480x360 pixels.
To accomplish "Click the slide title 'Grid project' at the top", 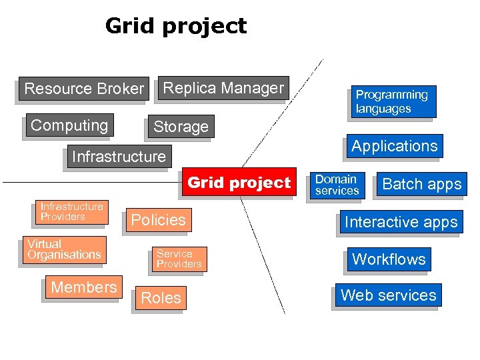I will pyautogui.click(x=176, y=26).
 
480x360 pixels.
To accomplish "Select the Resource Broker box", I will pyautogui.click(x=84, y=89).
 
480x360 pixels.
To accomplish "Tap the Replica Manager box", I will pyautogui.click(x=223, y=88).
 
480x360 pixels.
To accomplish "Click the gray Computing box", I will pyautogui.click(x=69, y=125).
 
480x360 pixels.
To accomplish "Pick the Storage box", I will pyautogui.click(x=181, y=127).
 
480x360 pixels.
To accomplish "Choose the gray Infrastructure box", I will pyautogui.click(x=119, y=157).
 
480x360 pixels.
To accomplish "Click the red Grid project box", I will pyautogui.click(x=239, y=183).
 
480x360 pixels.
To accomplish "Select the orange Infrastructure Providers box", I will pyautogui.click(x=72, y=212).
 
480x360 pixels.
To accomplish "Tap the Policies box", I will pyautogui.click(x=159, y=220).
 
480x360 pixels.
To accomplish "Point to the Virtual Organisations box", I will pyautogui.click(x=65, y=250).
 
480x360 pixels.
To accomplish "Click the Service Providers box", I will pyautogui.click(x=179, y=259).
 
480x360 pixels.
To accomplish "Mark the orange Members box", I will pyautogui.click(x=84, y=287).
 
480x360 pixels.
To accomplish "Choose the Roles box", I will pyautogui.click(x=161, y=298).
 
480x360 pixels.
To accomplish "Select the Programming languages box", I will pyautogui.click(x=392, y=102).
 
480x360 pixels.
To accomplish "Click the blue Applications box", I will pyautogui.click(x=395, y=147).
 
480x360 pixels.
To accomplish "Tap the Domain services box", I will pyautogui.click(x=337, y=185).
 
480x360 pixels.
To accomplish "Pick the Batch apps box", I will pyautogui.click(x=421, y=185).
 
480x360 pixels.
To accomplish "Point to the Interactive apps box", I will pyautogui.click(x=401, y=222).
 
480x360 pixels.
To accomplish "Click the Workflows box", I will pyautogui.click(x=389, y=259).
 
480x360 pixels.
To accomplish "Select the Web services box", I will pyautogui.click(x=388, y=295).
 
